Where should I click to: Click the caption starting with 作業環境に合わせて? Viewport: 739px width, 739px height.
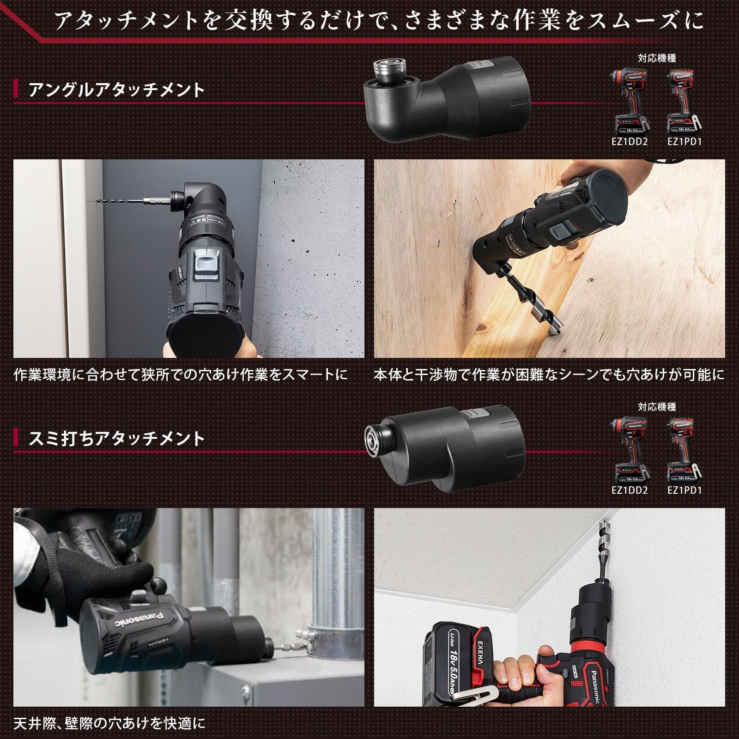(181, 374)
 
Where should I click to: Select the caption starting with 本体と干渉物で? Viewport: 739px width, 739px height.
(549, 374)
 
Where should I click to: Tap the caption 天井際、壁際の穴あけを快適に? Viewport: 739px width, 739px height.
(109, 723)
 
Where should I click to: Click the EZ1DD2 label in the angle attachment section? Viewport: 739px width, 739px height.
(630, 141)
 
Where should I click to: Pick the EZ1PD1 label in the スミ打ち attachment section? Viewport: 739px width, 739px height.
(684, 490)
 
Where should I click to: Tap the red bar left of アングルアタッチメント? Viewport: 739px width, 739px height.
(16, 89)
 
